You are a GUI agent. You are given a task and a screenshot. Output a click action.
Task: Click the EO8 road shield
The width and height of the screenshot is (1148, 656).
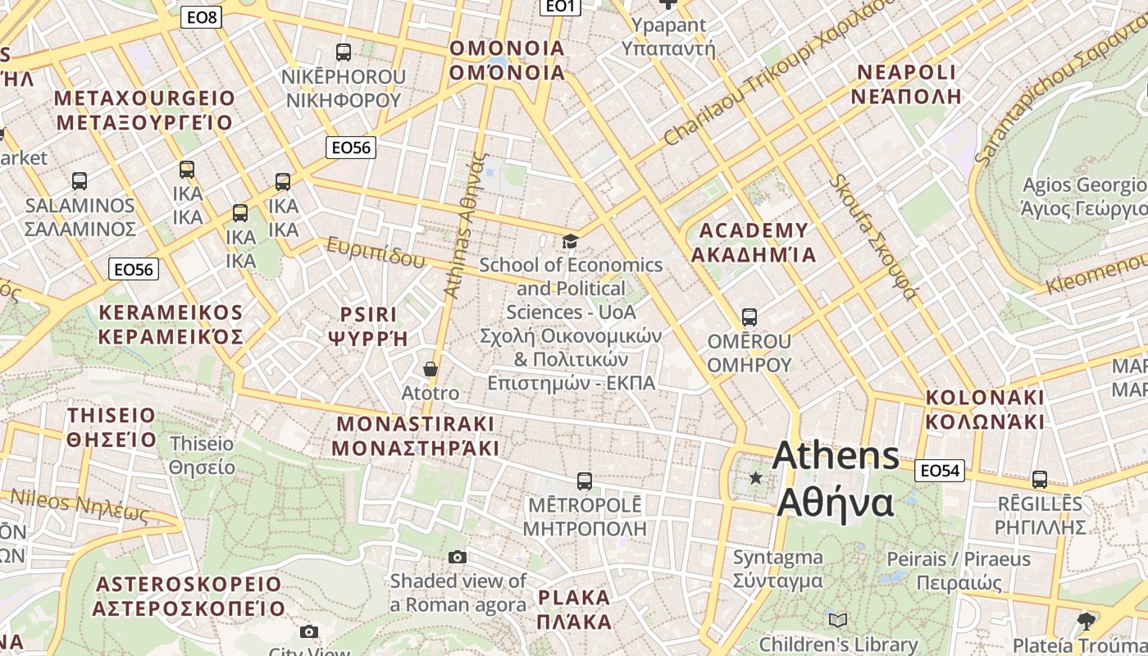[201, 17]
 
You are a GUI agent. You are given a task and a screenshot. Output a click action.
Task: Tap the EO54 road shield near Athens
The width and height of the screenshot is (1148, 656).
[939, 471]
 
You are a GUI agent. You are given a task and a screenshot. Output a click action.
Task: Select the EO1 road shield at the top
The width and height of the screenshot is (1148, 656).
[561, 7]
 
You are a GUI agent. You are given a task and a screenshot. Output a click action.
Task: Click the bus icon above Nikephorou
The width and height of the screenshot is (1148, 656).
[344, 52]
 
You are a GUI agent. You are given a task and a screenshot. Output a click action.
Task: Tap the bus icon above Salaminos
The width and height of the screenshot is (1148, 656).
[80, 180]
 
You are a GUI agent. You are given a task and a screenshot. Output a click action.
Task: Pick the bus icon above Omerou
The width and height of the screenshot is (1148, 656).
[749, 317]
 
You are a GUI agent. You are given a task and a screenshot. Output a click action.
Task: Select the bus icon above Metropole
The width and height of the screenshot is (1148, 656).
[585, 481]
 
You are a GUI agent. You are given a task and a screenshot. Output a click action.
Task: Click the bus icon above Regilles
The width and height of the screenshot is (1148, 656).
[1040, 479]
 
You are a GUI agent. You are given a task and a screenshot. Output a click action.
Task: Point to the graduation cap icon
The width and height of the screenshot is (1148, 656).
[570, 241]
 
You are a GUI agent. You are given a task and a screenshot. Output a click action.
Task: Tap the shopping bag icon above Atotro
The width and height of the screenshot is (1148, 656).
[430, 369]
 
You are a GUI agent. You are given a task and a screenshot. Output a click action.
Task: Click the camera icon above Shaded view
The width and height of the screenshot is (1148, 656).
[458, 558]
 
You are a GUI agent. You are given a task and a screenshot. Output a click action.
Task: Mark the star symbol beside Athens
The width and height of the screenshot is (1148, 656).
[755, 477]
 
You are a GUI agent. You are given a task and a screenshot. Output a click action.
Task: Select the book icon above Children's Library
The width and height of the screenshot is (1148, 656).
[837, 620]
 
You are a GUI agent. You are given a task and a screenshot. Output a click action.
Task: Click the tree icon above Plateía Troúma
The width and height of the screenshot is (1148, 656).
[1086, 621]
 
